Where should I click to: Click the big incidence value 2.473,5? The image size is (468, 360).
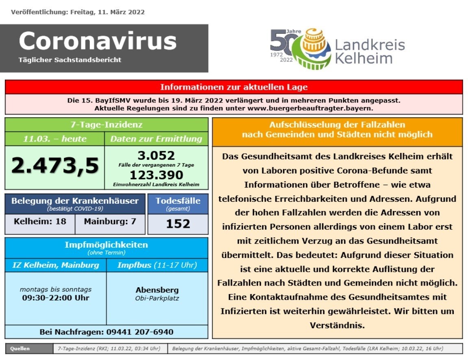pyautogui.click(x=55, y=166)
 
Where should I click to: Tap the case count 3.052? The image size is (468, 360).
pyautogui.click(x=156, y=155)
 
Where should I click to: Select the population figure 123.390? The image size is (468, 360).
pyautogui.click(x=156, y=175)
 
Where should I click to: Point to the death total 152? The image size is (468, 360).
pyautogui.click(x=178, y=224)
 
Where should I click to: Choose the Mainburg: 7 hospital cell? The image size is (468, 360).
pyautogui.click(x=110, y=222)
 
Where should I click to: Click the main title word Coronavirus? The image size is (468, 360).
pyautogui.click(x=98, y=41)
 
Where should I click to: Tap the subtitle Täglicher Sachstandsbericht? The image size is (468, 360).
pyautogui.click(x=70, y=60)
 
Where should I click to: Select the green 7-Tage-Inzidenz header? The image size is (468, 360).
pyautogui.click(x=106, y=125)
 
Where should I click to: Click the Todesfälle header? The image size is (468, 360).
pyautogui.click(x=178, y=201)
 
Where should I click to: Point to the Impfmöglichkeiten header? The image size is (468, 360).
pyautogui.click(x=106, y=245)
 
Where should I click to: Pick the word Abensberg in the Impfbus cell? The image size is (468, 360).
pyautogui.click(x=157, y=290)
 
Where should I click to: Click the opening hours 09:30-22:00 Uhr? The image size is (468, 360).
pyautogui.click(x=56, y=298)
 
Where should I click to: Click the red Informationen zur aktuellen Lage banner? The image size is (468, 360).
pyautogui.click(x=234, y=87)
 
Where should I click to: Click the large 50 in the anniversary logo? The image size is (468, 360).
pyautogui.click(x=281, y=43)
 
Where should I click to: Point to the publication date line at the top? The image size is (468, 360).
pyautogui.click(x=78, y=12)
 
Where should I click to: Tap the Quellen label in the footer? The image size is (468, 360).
pyautogui.click(x=20, y=349)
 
